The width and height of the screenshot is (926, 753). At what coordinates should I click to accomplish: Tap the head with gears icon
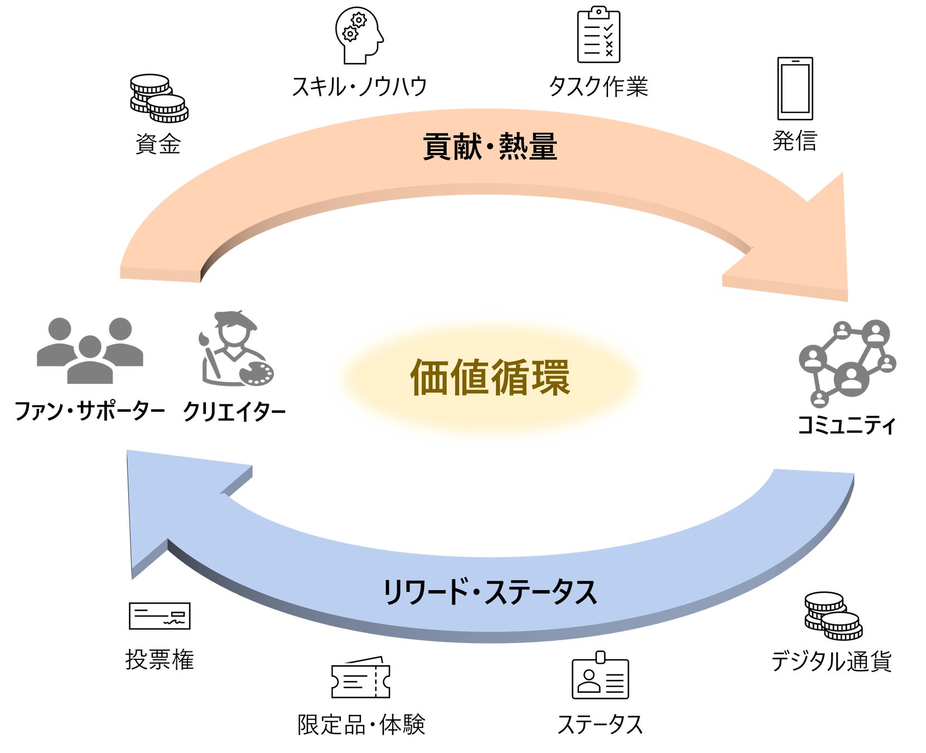359,35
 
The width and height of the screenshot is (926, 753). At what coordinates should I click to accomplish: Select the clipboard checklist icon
599,35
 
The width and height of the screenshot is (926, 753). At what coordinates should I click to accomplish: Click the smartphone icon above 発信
795,89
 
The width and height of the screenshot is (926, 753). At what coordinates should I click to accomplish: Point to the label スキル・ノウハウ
360,86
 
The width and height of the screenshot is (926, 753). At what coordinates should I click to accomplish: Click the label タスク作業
599,86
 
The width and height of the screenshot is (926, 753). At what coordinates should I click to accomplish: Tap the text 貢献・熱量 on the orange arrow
490,147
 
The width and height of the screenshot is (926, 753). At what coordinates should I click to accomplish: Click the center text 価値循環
490,378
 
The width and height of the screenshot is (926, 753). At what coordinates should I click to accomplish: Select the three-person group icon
90,350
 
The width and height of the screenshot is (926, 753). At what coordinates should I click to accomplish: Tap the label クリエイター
234,412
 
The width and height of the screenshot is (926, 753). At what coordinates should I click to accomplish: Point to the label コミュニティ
846,425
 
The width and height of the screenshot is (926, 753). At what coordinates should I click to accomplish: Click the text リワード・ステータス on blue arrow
490,592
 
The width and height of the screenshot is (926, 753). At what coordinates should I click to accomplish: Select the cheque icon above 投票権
160,616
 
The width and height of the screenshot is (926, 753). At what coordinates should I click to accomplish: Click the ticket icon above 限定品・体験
360,678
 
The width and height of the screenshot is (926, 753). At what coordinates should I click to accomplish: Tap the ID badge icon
600,675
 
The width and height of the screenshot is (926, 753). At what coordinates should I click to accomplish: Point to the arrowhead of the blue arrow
167,502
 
